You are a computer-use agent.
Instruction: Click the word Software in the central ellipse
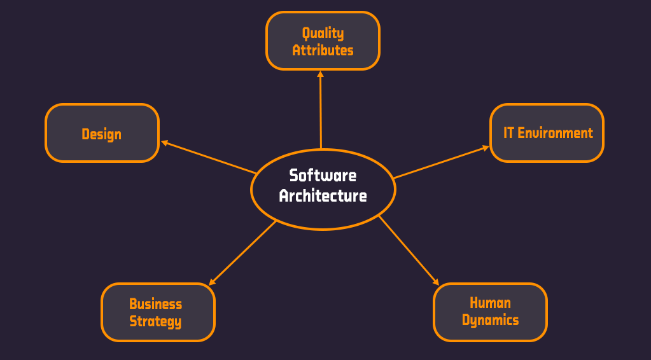coord(323,176)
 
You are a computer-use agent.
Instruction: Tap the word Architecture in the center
coord(323,196)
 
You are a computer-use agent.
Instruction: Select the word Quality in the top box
coord(323,33)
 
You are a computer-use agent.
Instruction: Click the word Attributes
coord(323,50)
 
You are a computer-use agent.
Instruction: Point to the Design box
coord(102,134)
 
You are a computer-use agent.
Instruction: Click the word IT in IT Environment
coord(508,133)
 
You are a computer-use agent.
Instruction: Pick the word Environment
coord(555,133)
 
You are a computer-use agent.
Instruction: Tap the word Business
coord(156,304)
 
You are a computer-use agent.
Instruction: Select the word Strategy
coord(156,321)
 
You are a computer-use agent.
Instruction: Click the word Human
coord(490,303)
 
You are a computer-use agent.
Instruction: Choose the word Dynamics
coord(490,320)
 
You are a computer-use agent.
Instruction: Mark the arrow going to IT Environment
coord(440,162)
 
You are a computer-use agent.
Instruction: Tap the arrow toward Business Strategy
coord(243,253)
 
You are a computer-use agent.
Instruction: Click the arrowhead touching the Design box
coord(164,142)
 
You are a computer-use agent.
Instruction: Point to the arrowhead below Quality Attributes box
coord(320,74)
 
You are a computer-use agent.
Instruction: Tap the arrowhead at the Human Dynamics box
coord(436,282)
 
